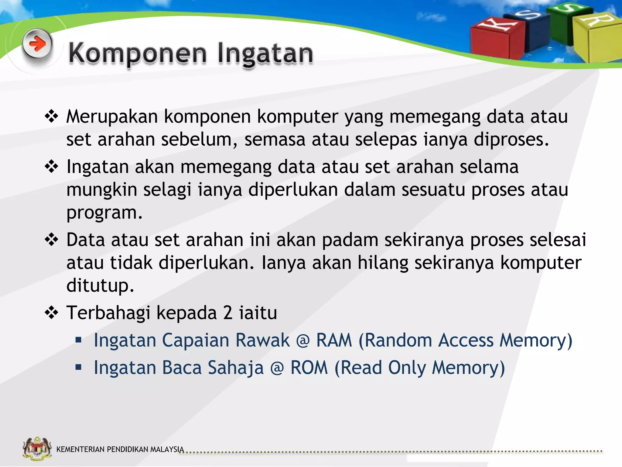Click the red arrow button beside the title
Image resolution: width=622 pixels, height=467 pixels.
click(x=37, y=44)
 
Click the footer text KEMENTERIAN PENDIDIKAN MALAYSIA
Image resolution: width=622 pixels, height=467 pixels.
click(x=120, y=449)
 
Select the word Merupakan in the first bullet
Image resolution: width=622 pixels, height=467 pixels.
click(x=112, y=117)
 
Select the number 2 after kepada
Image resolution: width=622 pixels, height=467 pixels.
click(x=228, y=313)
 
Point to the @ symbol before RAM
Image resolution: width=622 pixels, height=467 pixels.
click(x=303, y=341)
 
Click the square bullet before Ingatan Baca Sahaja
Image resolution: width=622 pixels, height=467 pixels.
click(x=79, y=367)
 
